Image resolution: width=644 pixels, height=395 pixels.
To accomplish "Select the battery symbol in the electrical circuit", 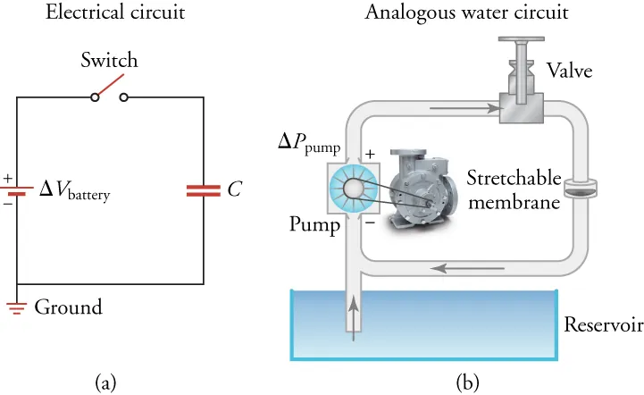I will (18, 190).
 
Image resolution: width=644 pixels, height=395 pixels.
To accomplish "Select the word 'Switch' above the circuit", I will (109, 62).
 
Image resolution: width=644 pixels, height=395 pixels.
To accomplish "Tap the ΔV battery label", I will (74, 191).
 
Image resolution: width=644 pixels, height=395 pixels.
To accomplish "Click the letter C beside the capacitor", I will (234, 189).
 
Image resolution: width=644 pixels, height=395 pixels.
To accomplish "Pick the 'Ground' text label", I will (68, 308).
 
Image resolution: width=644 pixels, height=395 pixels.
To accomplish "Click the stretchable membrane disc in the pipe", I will (578, 189).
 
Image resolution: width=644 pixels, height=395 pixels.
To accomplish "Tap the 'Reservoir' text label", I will (602, 323).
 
